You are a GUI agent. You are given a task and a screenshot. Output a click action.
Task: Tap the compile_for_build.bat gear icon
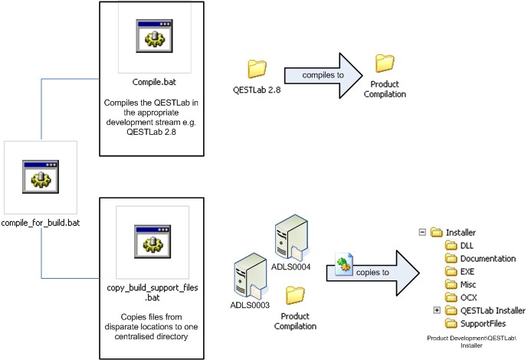click(40, 177)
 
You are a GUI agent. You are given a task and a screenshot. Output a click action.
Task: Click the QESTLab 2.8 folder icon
click(257, 69)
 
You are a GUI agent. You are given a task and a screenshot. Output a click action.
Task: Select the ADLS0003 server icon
click(248, 272)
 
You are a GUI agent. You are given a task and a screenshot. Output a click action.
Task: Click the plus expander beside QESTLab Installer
click(437, 310)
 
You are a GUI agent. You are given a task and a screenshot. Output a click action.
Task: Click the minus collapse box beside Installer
click(421, 232)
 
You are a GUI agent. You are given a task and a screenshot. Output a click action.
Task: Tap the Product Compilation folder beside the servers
click(294, 294)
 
